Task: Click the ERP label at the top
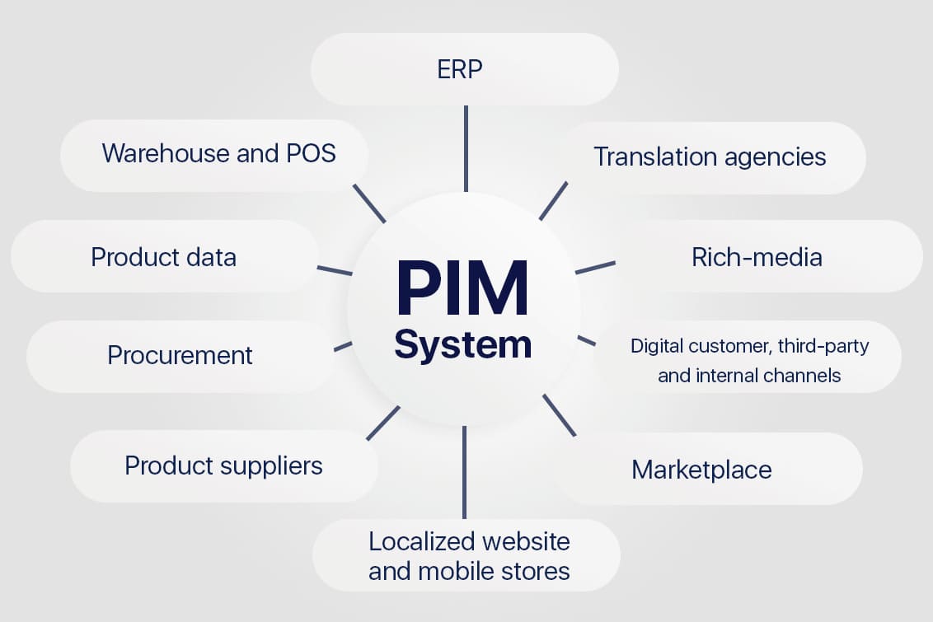(459, 69)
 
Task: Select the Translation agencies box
(710, 157)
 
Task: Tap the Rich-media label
(757, 257)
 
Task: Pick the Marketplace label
(701, 470)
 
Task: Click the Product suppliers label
(223, 465)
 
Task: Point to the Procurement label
(180, 355)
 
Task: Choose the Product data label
(163, 257)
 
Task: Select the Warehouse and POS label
(218, 153)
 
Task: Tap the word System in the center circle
(462, 344)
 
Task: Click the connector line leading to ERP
(466, 148)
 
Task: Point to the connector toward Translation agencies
(553, 201)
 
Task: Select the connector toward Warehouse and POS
(369, 203)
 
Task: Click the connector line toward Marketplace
(559, 414)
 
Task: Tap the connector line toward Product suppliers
(382, 423)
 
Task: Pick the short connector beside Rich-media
(595, 268)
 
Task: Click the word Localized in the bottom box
(422, 541)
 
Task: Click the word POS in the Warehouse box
(312, 153)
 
